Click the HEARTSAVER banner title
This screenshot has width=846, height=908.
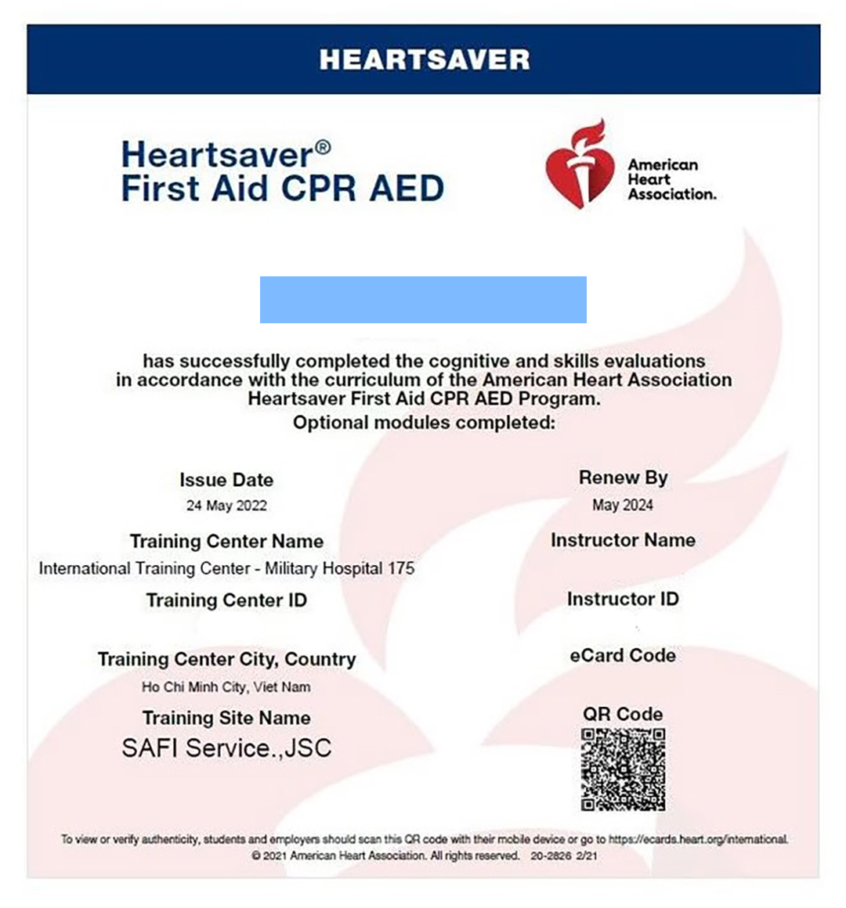click(x=424, y=59)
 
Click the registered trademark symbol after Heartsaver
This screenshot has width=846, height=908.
click(x=323, y=146)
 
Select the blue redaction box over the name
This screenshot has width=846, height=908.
click(x=423, y=300)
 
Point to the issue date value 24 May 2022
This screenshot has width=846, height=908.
click(x=226, y=506)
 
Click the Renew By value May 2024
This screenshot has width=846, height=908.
click(x=623, y=505)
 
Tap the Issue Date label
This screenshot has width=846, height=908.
click(x=226, y=480)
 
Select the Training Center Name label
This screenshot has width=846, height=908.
click(x=226, y=541)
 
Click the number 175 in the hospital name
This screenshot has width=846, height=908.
click(x=401, y=568)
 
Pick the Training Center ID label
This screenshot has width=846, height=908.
click(x=226, y=600)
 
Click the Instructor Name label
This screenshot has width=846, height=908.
click(x=623, y=540)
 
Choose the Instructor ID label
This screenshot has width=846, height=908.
click(x=623, y=599)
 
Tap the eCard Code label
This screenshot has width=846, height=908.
click(x=623, y=655)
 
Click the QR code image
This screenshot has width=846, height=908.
click(x=623, y=769)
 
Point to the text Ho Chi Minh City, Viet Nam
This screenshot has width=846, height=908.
click(x=226, y=687)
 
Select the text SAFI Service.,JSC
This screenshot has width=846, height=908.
click(x=226, y=748)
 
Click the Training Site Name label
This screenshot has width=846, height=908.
click(x=226, y=718)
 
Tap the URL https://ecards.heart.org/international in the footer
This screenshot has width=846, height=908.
click(x=698, y=839)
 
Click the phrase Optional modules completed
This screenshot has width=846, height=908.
click(x=424, y=423)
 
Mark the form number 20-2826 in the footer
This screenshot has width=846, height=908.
click(x=551, y=856)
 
